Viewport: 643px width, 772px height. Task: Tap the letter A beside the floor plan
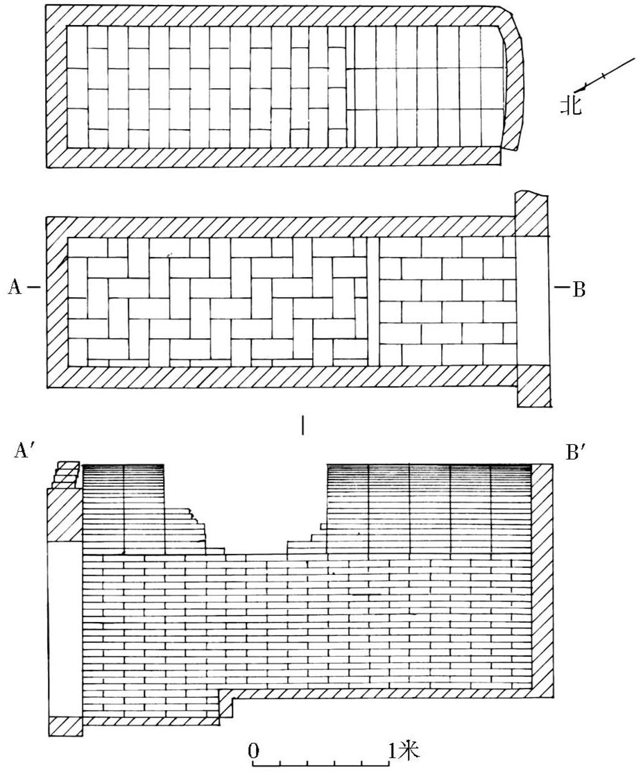coord(14,286)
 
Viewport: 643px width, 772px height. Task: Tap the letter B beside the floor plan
coord(579,289)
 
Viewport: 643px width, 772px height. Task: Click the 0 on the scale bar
coord(253,750)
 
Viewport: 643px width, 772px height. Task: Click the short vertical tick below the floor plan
coord(302,424)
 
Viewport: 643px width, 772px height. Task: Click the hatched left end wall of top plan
coord(55,87)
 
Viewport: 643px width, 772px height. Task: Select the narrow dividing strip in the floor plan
coord(373,301)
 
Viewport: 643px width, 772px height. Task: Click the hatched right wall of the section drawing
coord(543,580)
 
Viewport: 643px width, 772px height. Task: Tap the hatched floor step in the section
coord(225,705)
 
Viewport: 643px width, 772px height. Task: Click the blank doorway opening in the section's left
coord(65,628)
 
